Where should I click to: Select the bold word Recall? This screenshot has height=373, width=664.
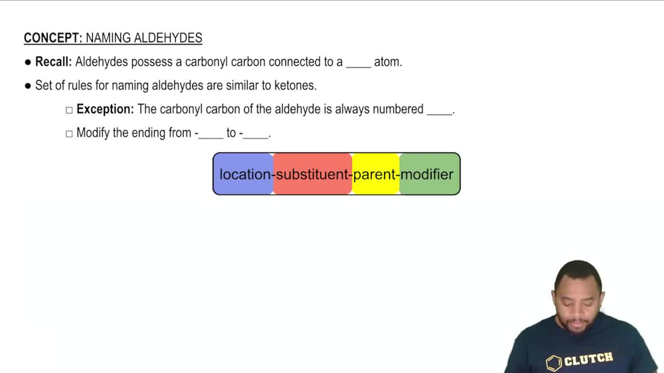click(x=53, y=62)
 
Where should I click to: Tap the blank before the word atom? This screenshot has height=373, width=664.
click(x=358, y=64)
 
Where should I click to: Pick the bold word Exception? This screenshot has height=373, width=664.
click(x=105, y=110)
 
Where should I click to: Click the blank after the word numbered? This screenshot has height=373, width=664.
click(x=439, y=111)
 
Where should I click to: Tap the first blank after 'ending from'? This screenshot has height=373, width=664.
click(x=210, y=135)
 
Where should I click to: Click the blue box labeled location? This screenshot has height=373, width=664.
click(x=244, y=175)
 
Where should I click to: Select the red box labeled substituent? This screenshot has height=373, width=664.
click(x=312, y=175)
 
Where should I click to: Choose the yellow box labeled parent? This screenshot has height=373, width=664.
click(x=376, y=175)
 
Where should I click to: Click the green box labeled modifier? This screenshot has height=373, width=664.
click(x=429, y=175)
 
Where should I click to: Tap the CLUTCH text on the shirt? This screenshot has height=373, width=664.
click(x=588, y=359)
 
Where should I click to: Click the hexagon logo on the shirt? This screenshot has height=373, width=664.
click(x=554, y=362)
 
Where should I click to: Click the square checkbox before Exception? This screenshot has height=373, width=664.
click(x=69, y=110)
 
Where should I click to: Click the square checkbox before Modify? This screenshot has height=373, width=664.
click(x=69, y=133)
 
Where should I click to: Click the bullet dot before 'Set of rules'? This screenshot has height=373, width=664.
click(x=28, y=86)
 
